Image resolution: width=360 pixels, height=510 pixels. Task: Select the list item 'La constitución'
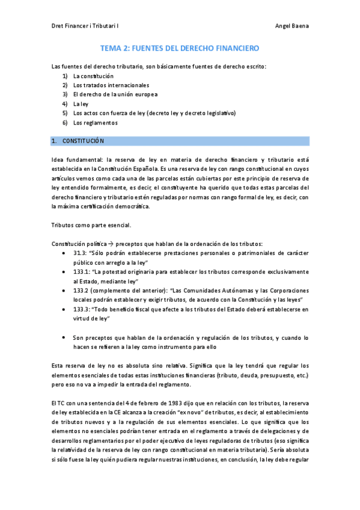tap(93, 76)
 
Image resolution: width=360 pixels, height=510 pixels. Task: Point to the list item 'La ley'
tap(81, 104)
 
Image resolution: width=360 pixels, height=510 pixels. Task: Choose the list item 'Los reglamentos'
tap(95, 123)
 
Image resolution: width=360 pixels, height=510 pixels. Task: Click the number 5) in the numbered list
tap(65, 113)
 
